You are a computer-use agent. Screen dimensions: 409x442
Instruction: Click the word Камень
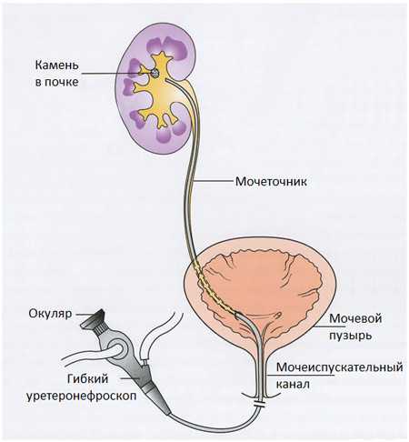coord(57,65)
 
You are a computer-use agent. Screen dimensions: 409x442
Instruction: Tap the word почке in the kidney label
coord(61,82)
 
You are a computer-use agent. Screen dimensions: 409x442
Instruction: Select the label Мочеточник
coord(271,181)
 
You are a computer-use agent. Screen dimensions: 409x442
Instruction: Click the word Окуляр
coord(50,314)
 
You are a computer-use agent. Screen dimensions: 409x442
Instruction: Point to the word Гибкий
coord(87,378)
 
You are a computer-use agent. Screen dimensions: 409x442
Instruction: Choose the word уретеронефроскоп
coord(81,396)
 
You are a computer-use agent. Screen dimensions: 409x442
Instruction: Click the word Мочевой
coord(355,318)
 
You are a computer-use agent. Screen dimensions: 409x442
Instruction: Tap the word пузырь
coord(350,336)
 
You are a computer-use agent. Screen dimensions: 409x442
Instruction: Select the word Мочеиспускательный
coord(339,367)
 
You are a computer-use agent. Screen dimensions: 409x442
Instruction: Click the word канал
coord(293,384)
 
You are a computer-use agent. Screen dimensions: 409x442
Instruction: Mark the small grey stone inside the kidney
coord(155,73)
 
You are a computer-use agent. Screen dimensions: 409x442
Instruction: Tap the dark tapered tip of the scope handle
coord(160,400)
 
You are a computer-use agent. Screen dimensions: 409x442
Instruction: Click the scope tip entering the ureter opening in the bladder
coord(238,316)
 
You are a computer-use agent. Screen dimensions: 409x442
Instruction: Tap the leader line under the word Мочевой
coord(330,326)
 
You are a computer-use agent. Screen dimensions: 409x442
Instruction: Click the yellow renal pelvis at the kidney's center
coord(160,91)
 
